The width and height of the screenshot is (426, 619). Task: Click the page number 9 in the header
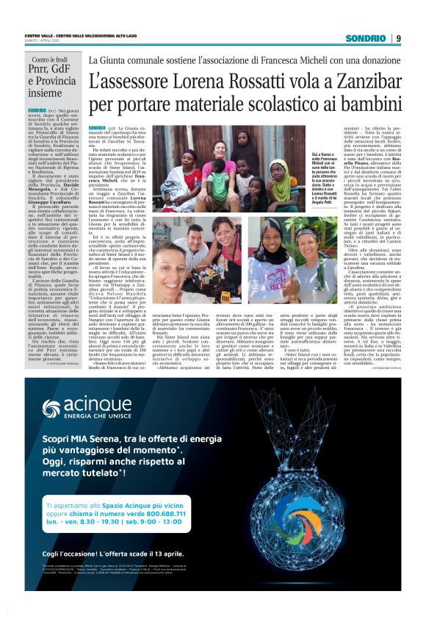tap(397, 38)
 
